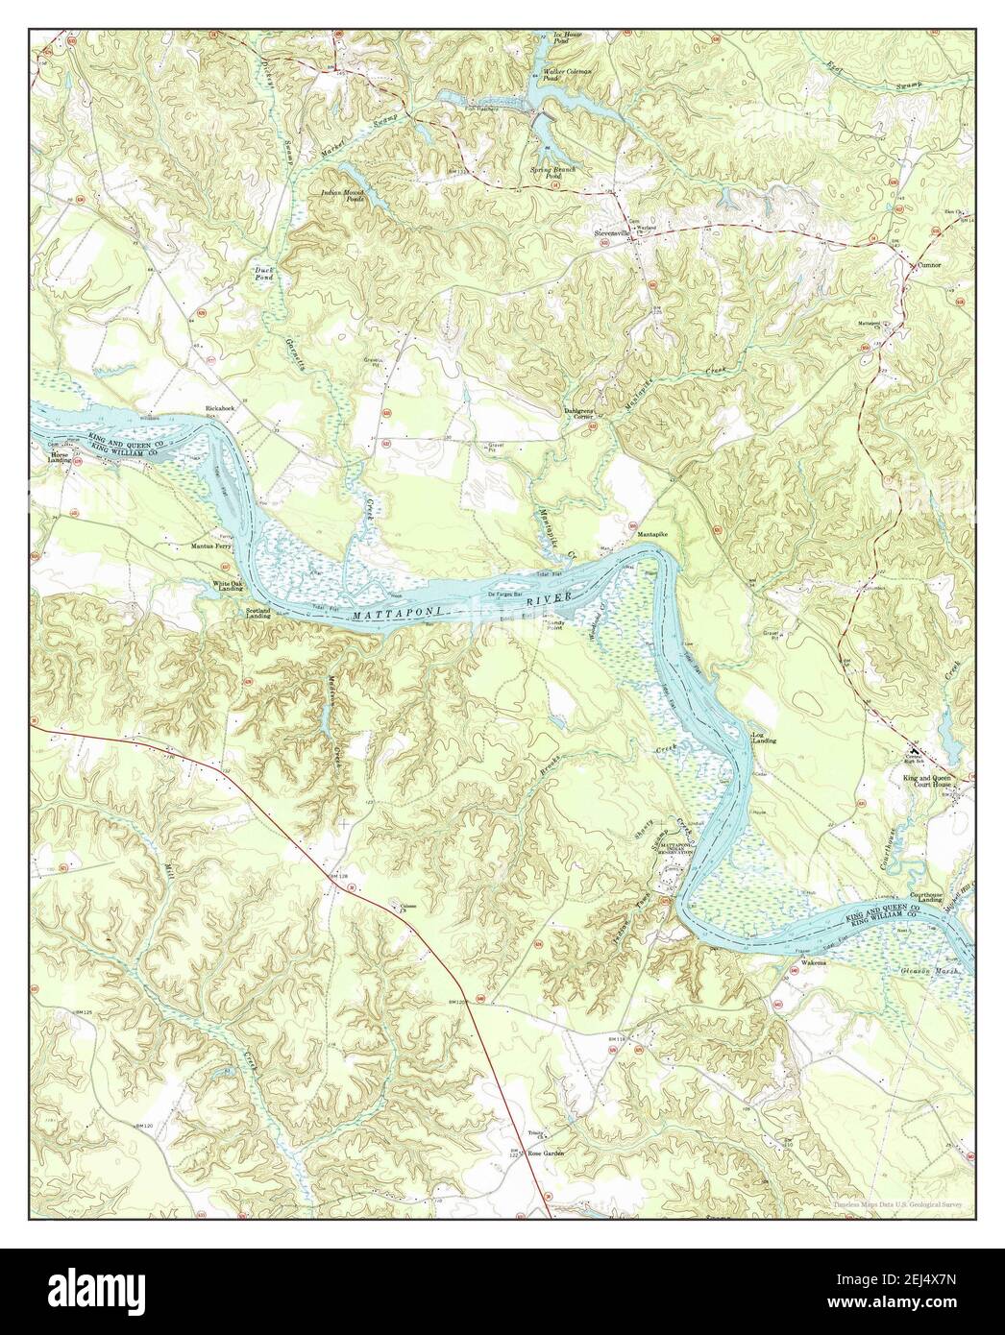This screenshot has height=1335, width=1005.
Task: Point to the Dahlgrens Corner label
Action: [578, 413]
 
